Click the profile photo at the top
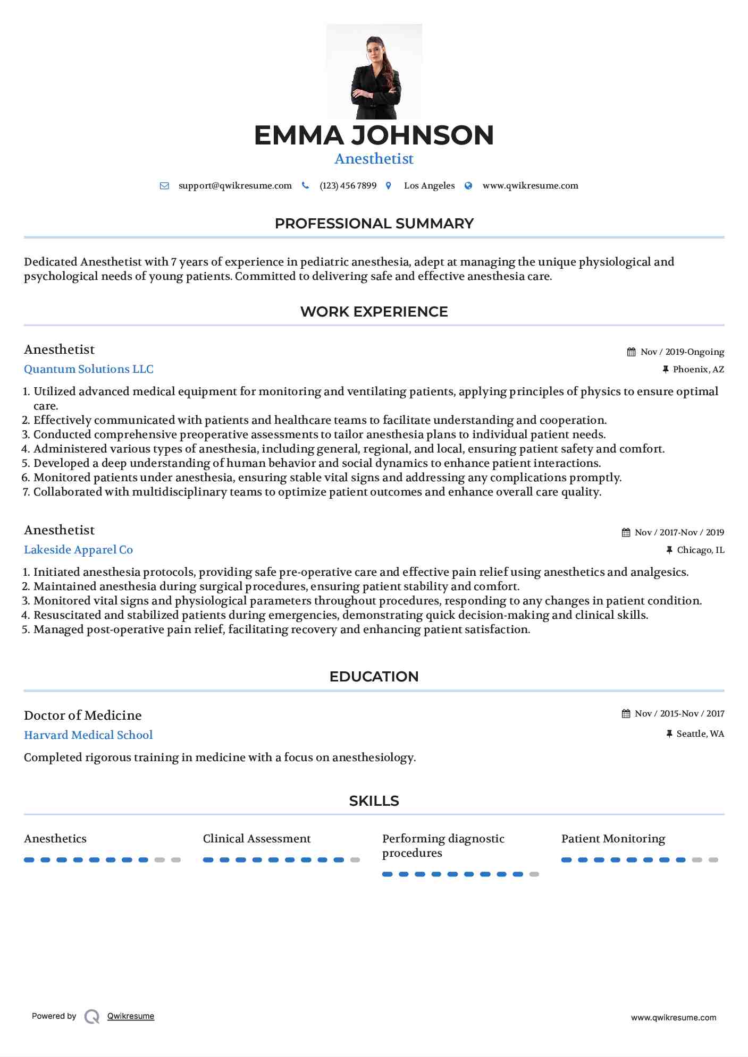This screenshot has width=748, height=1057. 374,72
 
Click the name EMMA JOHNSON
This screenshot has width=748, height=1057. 374,135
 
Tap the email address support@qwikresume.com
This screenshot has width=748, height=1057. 235,186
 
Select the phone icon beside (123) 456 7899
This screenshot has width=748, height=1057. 305,185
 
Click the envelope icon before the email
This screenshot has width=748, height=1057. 164,186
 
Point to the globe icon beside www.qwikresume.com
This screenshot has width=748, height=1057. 468,185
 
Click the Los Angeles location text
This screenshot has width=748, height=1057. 429,186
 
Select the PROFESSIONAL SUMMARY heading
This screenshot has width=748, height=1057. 374,224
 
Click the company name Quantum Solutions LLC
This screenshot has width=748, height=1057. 89,369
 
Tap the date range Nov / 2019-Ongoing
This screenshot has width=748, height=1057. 682,352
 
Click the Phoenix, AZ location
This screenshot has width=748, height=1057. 698,370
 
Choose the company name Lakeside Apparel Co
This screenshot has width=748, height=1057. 78,550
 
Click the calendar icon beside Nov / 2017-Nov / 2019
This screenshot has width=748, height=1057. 626,533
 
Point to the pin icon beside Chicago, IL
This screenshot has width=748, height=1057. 669,550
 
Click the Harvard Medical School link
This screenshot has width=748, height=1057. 88,735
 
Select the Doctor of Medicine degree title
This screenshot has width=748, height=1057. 83,715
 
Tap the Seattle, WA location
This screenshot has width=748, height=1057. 700,734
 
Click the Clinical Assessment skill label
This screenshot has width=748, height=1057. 257,839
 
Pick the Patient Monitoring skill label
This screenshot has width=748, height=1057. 613,839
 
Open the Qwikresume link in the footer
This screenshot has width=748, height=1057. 131,1016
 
